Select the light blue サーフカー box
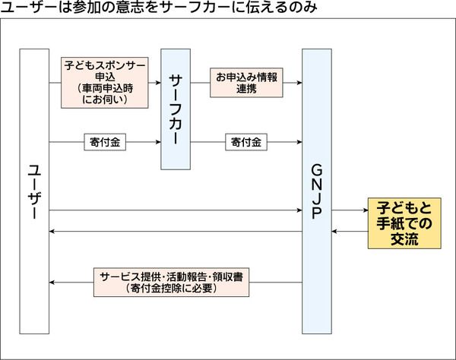pyautogui.click(x=175, y=110)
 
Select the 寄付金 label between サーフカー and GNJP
pyautogui.click(x=245, y=141)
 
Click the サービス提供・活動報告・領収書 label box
pyautogui.click(x=170, y=282)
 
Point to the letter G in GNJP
pyautogui.click(x=317, y=169)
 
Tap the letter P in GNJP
pyautogui.click(x=317, y=214)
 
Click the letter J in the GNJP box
pyautogui.click(x=317, y=199)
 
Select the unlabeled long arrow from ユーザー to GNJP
pyautogui.click(x=175, y=210)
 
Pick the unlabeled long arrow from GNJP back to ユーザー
pyautogui.click(x=175, y=231)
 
